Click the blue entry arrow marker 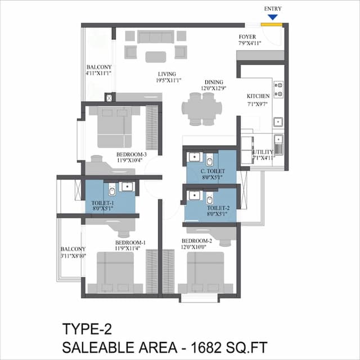click(273, 18)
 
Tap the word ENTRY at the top click(273, 9)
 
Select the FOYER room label click(247, 37)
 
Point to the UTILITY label click(262, 152)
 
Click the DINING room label click(214, 81)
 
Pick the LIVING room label click(166, 74)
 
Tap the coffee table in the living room click(156, 56)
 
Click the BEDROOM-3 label click(132, 154)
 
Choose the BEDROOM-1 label click(130, 242)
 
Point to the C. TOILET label click(213, 171)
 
